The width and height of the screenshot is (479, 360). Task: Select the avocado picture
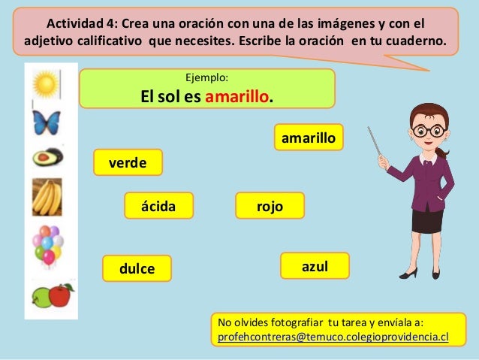pyautogui.click(x=47, y=157)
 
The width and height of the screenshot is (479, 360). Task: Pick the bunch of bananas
pyautogui.click(x=47, y=197)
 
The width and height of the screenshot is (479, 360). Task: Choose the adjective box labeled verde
pyautogui.click(x=128, y=162)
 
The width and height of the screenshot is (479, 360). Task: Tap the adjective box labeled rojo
pyautogui.click(x=270, y=205)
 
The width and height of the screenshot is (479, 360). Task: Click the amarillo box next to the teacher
pyautogui.click(x=309, y=138)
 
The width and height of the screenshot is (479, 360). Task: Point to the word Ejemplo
pyautogui.click(x=206, y=77)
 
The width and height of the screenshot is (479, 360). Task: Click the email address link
pyautogui.click(x=333, y=337)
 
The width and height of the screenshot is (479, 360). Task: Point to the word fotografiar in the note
pyautogui.click(x=293, y=322)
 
